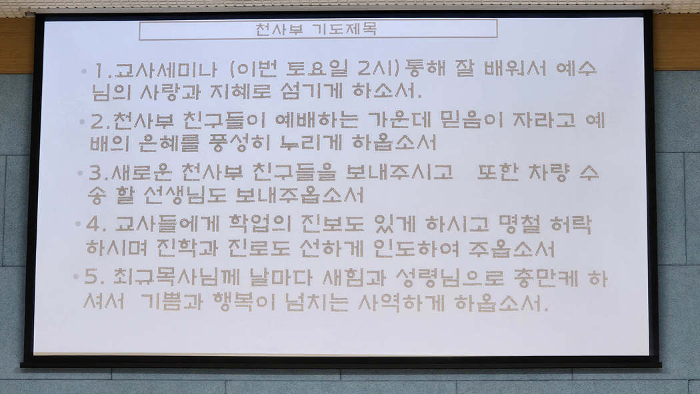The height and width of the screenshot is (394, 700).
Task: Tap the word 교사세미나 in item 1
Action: coord(165,69)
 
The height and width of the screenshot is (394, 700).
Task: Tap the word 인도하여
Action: coord(416,249)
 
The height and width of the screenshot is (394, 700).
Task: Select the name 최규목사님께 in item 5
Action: coord(171,277)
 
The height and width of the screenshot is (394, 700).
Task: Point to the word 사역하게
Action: coord(402,303)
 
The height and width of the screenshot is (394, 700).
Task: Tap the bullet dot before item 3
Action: coord(81,172)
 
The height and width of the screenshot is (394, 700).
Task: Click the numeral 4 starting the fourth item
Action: coord(93,223)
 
